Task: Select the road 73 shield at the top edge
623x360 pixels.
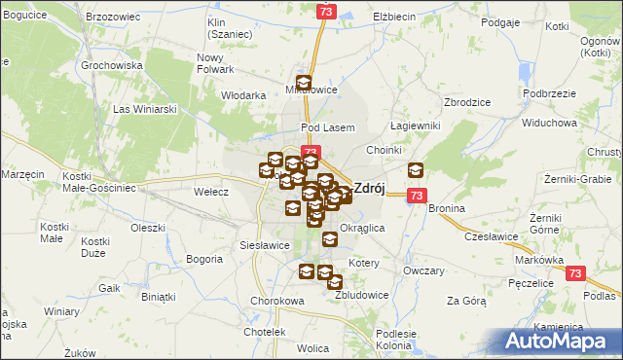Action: pos(326,10)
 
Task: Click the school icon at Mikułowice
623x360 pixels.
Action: pos(304,84)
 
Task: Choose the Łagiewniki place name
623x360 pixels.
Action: pos(416,126)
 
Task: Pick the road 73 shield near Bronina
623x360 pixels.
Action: pos(416,196)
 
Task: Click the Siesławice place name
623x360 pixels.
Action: pos(262,246)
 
